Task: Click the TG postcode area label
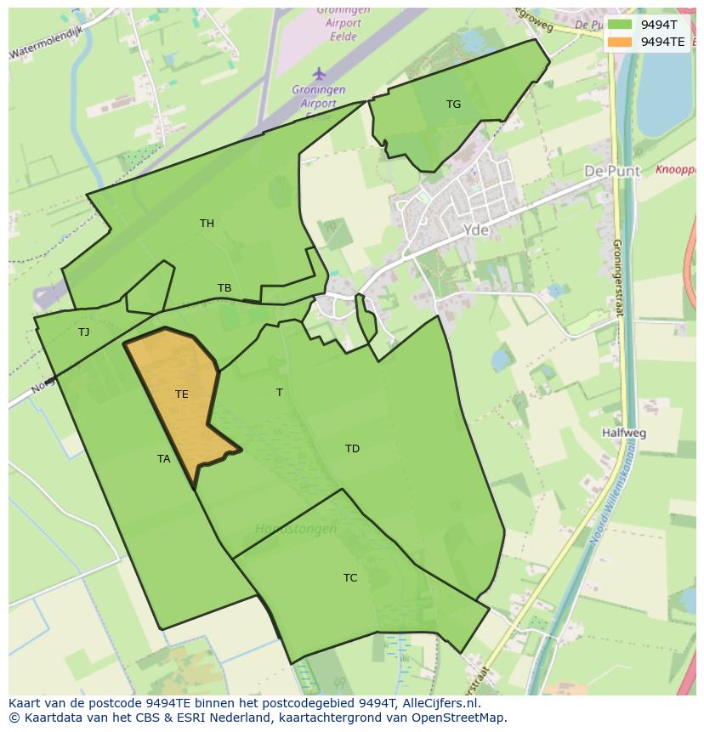[x=453, y=105]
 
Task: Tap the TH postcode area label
[x=207, y=224]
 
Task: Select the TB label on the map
[x=224, y=288]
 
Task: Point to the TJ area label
[x=83, y=332]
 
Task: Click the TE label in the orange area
[x=181, y=394]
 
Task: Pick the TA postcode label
[x=164, y=459]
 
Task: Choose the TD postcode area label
[x=352, y=449]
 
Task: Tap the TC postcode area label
[x=350, y=578]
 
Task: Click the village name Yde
[x=477, y=230]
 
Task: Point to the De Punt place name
[x=612, y=171]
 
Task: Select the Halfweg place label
[x=623, y=433]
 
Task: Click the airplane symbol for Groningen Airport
[x=319, y=74]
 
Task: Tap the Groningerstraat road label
[x=618, y=276]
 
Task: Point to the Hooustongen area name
[x=296, y=529]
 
